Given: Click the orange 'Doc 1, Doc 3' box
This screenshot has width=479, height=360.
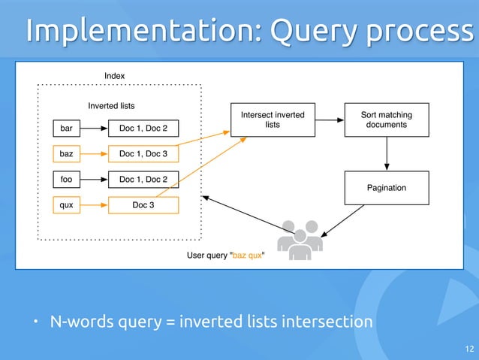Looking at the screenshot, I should point(144,153).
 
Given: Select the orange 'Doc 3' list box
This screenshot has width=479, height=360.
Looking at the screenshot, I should point(144,204).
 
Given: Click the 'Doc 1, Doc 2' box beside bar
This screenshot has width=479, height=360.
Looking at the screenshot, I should point(144,128).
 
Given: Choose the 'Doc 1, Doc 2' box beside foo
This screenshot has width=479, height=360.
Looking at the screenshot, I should point(144,179).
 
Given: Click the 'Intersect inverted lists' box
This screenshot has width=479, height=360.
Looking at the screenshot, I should point(273,119).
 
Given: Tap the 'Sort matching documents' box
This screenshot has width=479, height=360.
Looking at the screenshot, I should point(386,119).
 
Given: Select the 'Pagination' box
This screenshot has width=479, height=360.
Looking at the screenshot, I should point(386,187).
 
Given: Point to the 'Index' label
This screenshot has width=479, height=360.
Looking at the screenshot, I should point(114,76).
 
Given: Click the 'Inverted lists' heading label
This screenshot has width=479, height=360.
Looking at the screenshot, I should point(111,106).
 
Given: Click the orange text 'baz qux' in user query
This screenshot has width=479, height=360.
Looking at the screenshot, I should point(247,255).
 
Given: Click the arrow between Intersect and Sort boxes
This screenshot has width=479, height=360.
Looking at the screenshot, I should point(329,119).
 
